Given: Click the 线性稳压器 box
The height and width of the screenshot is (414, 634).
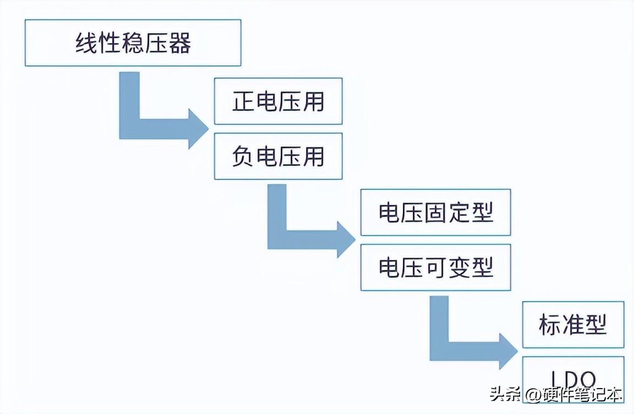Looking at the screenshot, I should (x=133, y=43).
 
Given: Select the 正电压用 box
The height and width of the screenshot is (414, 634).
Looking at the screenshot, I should (x=278, y=101).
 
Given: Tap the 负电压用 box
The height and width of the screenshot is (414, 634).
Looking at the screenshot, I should (x=278, y=156).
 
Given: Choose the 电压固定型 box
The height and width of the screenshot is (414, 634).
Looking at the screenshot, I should (x=435, y=213).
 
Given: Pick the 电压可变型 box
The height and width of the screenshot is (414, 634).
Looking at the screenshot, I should (x=435, y=268).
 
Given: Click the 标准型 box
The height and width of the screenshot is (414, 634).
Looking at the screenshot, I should (x=573, y=325).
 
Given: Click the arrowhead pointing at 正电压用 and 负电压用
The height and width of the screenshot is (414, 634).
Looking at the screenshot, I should (x=198, y=128).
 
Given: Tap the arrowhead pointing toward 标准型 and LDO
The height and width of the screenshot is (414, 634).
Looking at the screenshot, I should (x=507, y=351).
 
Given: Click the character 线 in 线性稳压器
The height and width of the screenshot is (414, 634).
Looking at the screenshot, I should (x=86, y=43).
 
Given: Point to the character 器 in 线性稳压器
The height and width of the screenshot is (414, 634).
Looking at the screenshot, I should (x=179, y=43).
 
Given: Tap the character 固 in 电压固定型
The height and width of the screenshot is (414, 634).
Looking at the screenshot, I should (x=435, y=213).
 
